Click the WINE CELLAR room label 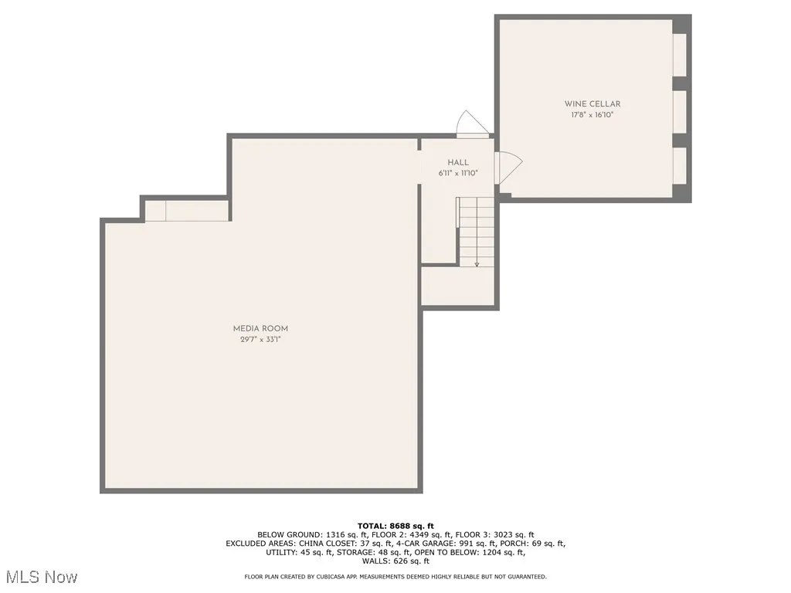[592, 103]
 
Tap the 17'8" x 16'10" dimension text [592, 115]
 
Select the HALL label [458, 162]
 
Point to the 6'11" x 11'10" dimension [458, 173]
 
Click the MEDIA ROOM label [260, 328]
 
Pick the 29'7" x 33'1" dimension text [260, 339]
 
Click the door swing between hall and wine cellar [508, 168]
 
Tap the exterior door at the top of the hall [471, 124]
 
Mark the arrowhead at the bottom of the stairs [477, 264]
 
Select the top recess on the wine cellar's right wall [680, 55]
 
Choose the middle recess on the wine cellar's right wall [680, 112]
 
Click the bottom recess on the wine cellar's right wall [680, 165]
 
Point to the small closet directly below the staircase [457, 286]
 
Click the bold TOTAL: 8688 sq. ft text [395, 526]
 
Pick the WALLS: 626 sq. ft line [395, 561]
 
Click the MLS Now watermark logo [41, 577]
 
